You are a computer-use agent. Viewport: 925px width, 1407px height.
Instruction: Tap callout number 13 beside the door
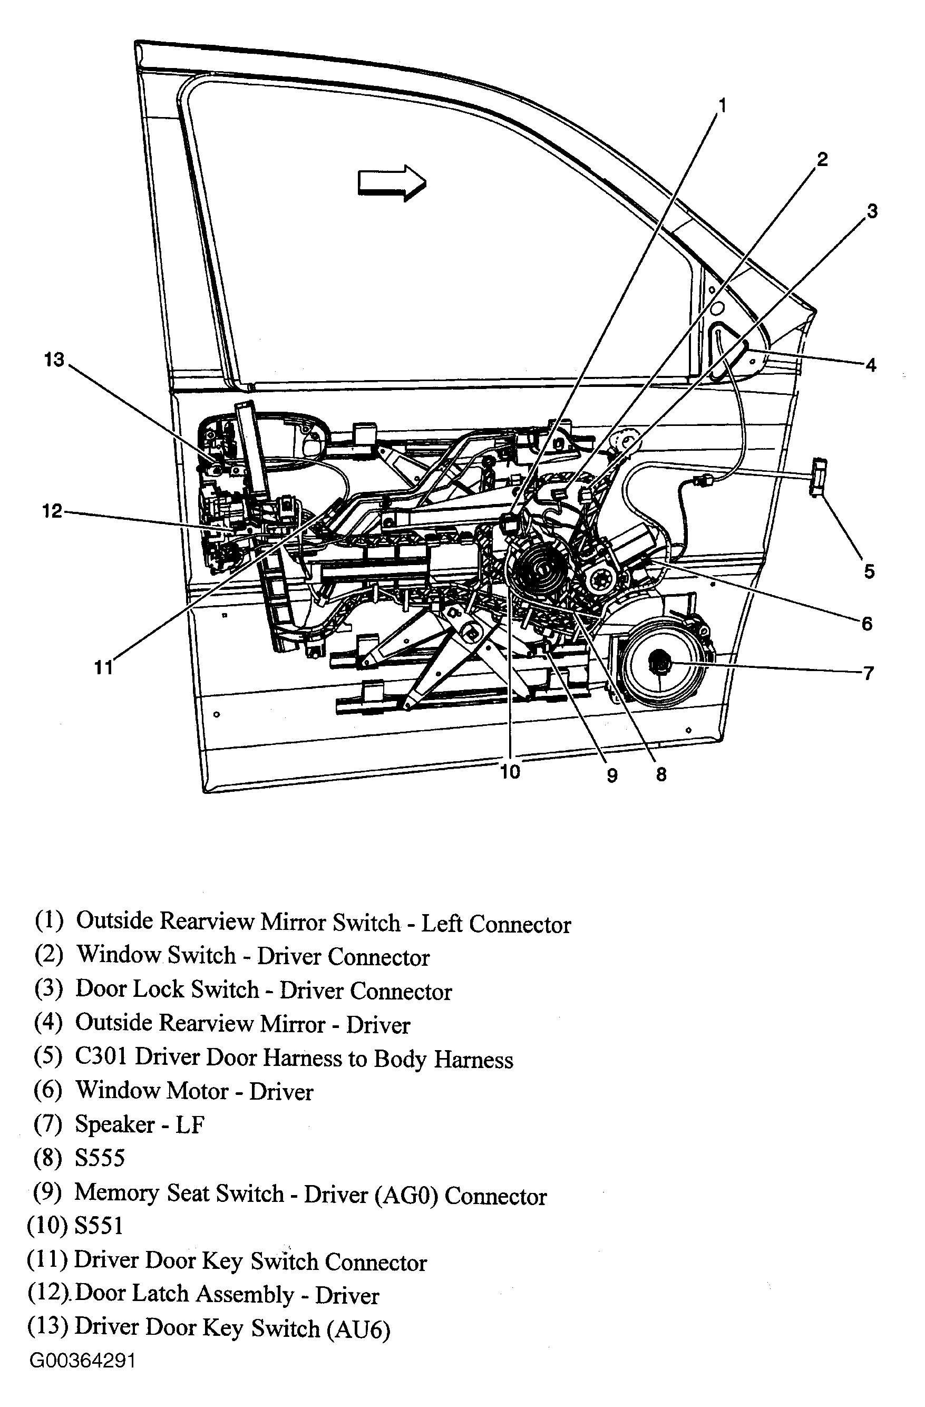point(54,360)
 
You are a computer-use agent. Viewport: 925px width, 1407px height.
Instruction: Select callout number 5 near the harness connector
point(869,571)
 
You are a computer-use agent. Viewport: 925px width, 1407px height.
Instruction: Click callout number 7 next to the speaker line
point(868,673)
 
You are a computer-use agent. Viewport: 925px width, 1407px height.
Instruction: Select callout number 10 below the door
point(510,771)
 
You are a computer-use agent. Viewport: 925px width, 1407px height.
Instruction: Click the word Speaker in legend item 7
point(115,1124)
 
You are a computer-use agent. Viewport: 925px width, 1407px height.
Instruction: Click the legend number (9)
point(47,1192)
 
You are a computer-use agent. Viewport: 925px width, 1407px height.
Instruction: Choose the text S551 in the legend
point(99,1226)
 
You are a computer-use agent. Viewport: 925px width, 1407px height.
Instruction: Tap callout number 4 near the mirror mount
point(870,365)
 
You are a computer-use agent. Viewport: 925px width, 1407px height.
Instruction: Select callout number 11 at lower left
point(103,667)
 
